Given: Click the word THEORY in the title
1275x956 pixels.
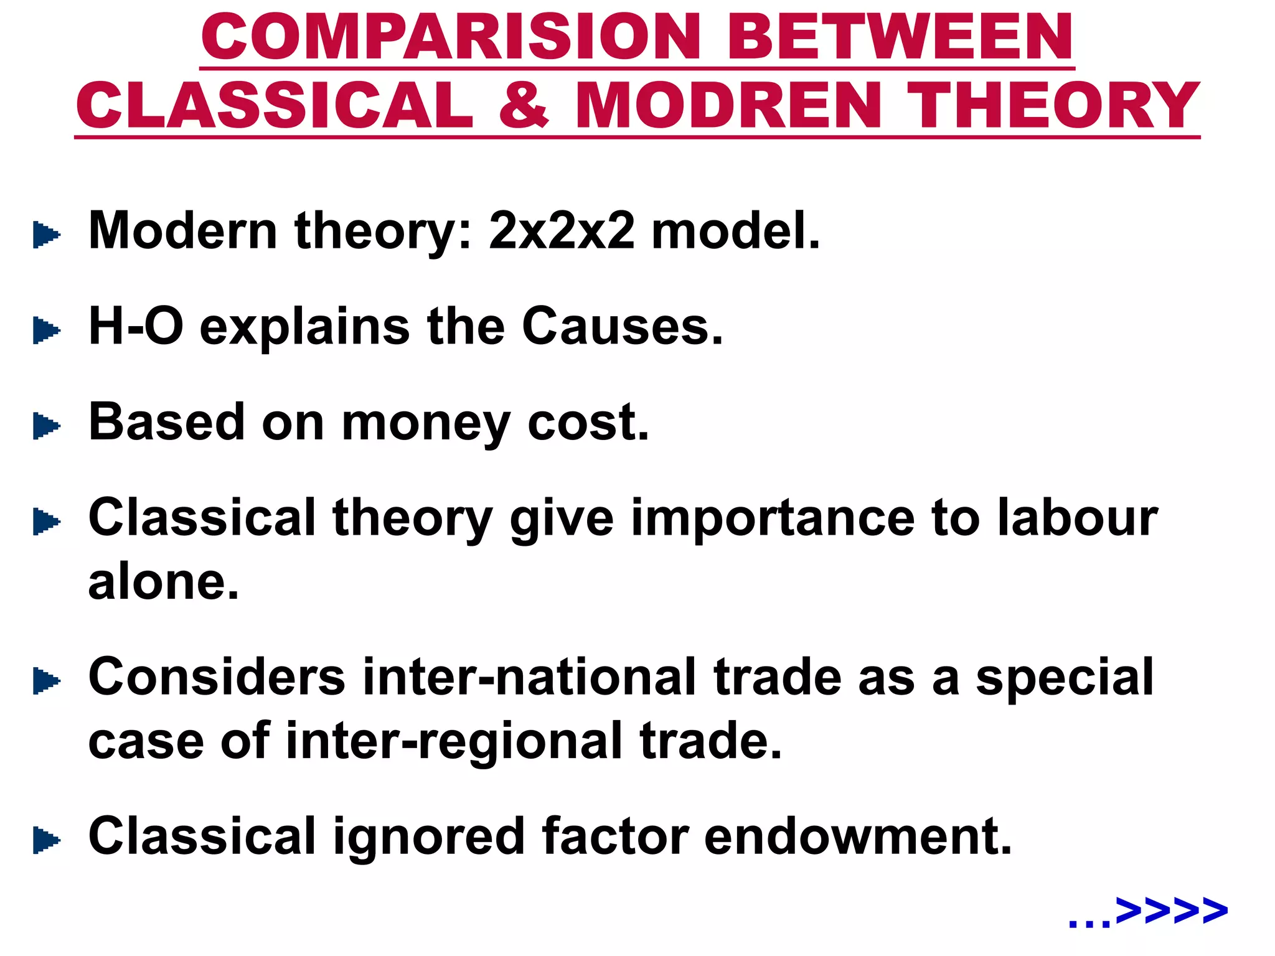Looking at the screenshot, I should [x=1052, y=105].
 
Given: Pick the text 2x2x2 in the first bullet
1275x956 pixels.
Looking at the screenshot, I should [x=562, y=231].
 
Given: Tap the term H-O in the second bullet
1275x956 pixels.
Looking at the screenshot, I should [x=136, y=326].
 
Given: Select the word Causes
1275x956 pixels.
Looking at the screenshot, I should [x=622, y=326].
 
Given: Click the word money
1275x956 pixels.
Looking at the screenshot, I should [x=426, y=423].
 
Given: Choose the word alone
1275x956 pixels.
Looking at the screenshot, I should [x=163, y=583].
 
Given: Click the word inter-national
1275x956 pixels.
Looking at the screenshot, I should [x=530, y=677].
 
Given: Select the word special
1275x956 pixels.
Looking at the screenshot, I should [x=1065, y=678].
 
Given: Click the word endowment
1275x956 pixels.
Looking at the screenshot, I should [x=858, y=836].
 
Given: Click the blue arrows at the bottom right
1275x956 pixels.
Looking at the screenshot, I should [x=1170, y=911].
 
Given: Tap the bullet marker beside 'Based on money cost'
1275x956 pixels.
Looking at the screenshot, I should [x=46, y=426].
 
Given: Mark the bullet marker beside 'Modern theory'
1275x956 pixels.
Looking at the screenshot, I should [x=46, y=235].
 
